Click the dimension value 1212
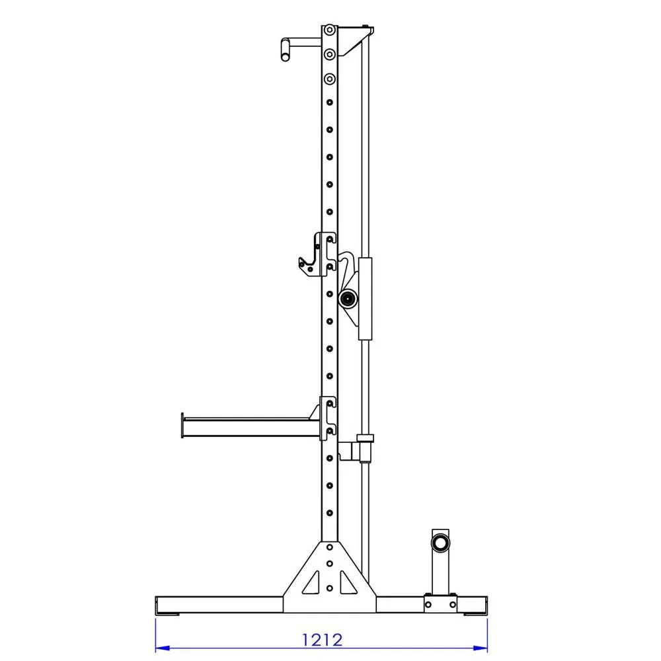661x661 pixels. click(x=322, y=640)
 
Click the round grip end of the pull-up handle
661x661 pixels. click(x=285, y=50)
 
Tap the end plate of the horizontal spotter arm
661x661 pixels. click(x=182, y=426)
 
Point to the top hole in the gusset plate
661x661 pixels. click(x=329, y=547)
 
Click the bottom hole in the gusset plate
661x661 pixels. click(x=329, y=587)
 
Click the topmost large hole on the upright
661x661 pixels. click(x=329, y=30)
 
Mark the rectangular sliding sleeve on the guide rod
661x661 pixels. click(x=366, y=299)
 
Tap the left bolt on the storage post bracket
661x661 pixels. click(x=428, y=603)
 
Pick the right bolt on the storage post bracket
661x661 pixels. click(x=452, y=603)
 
